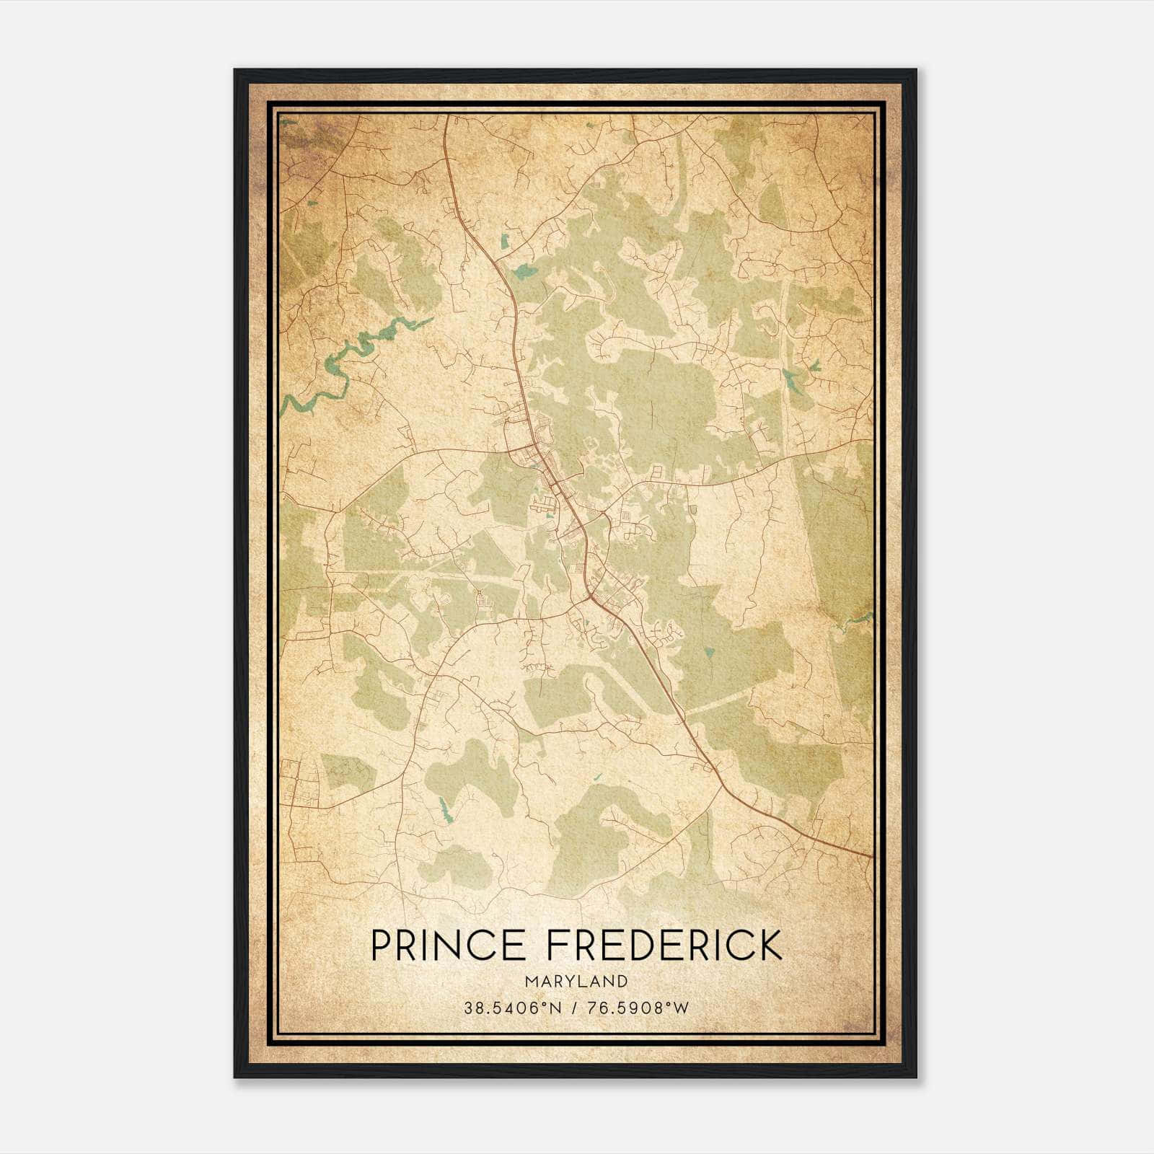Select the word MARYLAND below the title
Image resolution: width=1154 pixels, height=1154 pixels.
pyautogui.click(x=576, y=982)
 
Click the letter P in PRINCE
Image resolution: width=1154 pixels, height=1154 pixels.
pyautogui.click(x=381, y=945)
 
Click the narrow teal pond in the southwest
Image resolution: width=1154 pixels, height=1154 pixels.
pyautogui.click(x=443, y=806)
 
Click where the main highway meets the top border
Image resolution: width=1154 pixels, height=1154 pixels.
pyautogui.click(x=446, y=115)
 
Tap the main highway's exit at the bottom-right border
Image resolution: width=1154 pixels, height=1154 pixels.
pyautogui.click(x=871, y=856)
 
